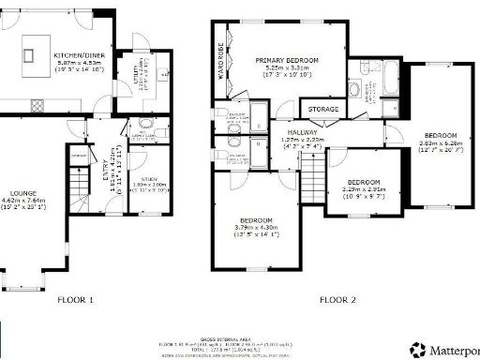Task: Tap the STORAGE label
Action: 323,110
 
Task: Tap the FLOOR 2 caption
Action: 337,300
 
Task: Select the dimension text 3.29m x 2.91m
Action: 364,187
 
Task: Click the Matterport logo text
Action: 454,349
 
